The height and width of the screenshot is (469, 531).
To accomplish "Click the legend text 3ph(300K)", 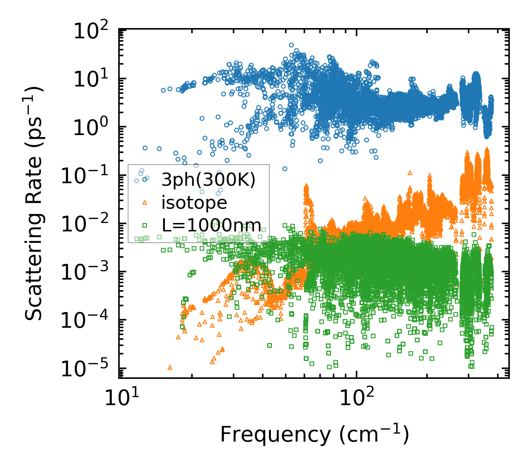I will click(x=208, y=180).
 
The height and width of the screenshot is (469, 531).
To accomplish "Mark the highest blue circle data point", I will click(x=291, y=45).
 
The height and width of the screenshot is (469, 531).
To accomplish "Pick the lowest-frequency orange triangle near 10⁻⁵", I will click(x=170, y=367).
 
